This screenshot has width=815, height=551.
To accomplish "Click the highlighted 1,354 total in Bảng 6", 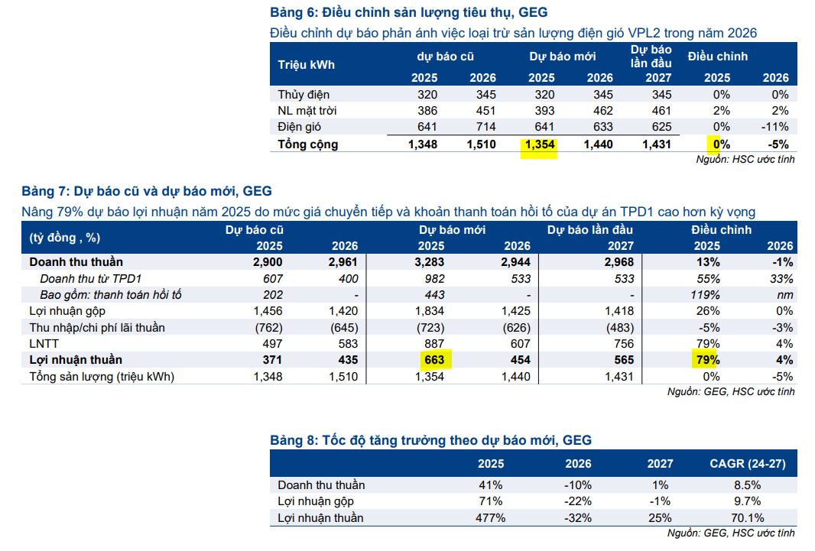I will pos(539,144).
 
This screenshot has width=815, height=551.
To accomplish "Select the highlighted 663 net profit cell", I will pos(432,360).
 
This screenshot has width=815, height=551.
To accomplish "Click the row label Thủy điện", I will pos(304,95).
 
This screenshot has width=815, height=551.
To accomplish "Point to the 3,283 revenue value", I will pos(429,262).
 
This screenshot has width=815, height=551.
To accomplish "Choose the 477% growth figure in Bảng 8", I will pos(489,518).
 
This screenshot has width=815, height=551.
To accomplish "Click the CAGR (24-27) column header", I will pos(747,464).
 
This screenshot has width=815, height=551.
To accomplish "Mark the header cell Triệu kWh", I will pos(306,65).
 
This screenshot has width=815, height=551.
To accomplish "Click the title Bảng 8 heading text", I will pos(430,440).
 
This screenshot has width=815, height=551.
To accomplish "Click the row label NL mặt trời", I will pos(307,111).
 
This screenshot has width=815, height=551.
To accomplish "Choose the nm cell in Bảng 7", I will pos(785,295).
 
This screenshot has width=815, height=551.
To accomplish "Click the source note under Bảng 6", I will pos(745,160).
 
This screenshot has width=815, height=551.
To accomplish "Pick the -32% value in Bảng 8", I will pos(578,518).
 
